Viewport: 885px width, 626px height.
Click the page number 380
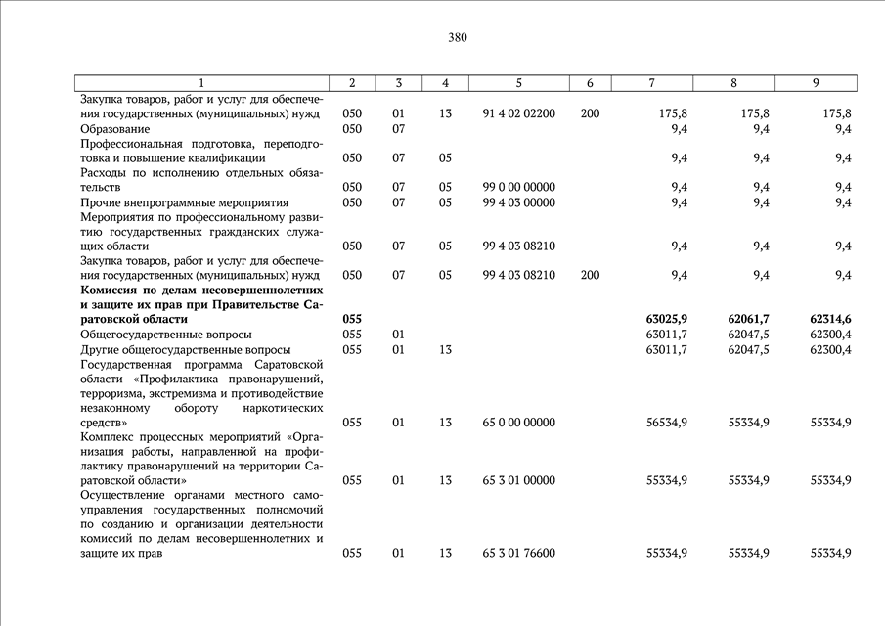[458, 38]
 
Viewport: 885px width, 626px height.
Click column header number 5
[518, 83]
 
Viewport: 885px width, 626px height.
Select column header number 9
[816, 83]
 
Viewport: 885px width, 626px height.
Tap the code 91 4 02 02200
[519, 113]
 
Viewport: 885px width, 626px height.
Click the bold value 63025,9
[667, 319]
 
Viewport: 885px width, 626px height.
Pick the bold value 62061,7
[749, 319]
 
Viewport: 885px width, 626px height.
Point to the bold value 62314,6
[830, 319]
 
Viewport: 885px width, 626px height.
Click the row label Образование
[115, 128]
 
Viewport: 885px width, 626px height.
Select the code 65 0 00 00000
[519, 423]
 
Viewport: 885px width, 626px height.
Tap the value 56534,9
[667, 423]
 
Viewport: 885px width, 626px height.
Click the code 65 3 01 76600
[519, 553]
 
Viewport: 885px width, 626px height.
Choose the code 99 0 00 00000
[519, 187]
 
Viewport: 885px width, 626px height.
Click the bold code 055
[352, 319]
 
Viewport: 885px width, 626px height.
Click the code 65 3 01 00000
[519, 480]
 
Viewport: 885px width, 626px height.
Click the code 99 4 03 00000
[519, 202]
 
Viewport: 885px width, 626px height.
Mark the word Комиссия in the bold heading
[111, 290]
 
